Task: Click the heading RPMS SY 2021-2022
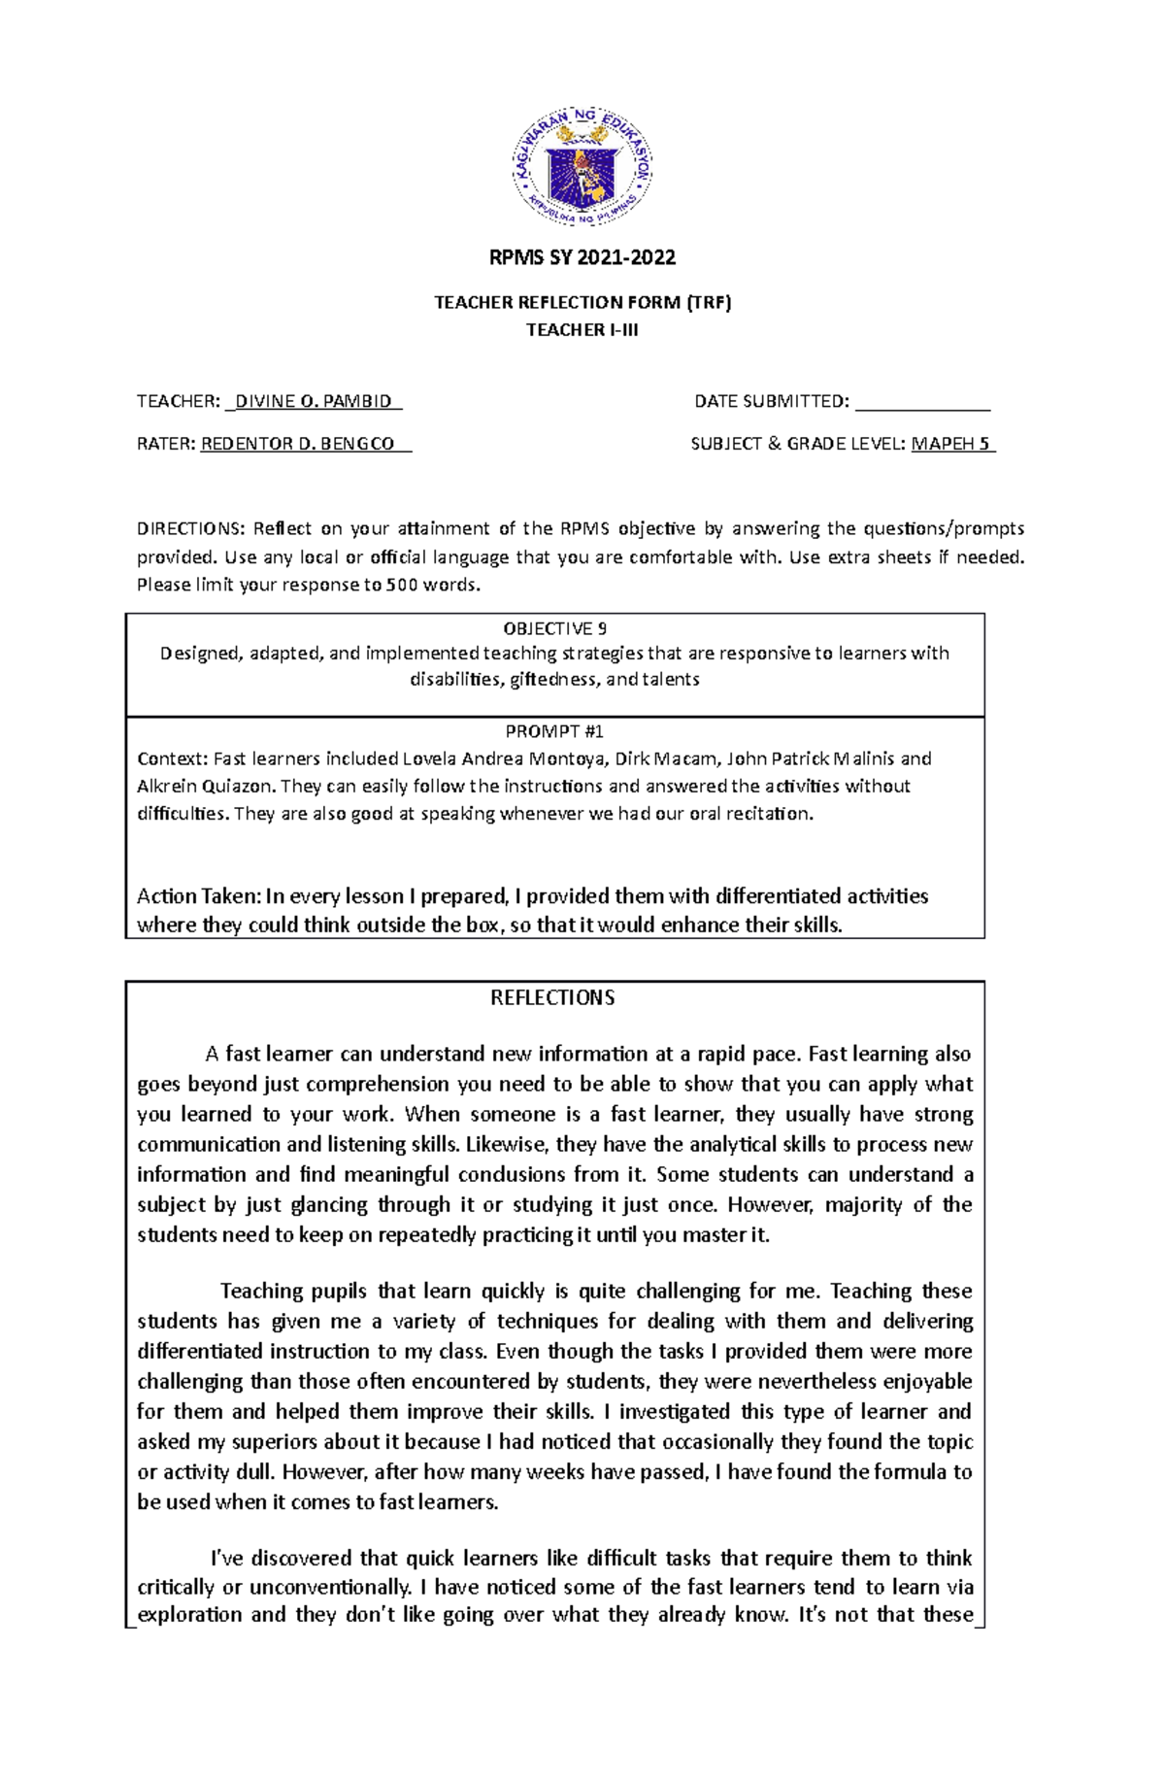pyautogui.click(x=582, y=258)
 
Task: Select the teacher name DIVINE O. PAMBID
pyautogui.click(x=313, y=401)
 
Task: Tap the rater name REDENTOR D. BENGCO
pyautogui.click(x=298, y=444)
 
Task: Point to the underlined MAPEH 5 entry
pyautogui.click(x=952, y=444)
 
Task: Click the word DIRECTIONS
pyautogui.click(x=189, y=529)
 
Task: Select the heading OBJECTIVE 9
pyautogui.click(x=554, y=628)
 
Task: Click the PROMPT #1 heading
pyautogui.click(x=554, y=732)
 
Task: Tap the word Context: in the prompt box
pyautogui.click(x=172, y=759)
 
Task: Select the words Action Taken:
pyautogui.click(x=198, y=896)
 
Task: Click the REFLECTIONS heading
pyautogui.click(x=552, y=998)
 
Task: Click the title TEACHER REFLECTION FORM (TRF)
pyautogui.click(x=582, y=303)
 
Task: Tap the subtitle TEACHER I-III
pyautogui.click(x=582, y=330)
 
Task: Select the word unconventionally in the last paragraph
pyautogui.click(x=330, y=1588)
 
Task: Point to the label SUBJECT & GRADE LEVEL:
pyautogui.click(x=799, y=444)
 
